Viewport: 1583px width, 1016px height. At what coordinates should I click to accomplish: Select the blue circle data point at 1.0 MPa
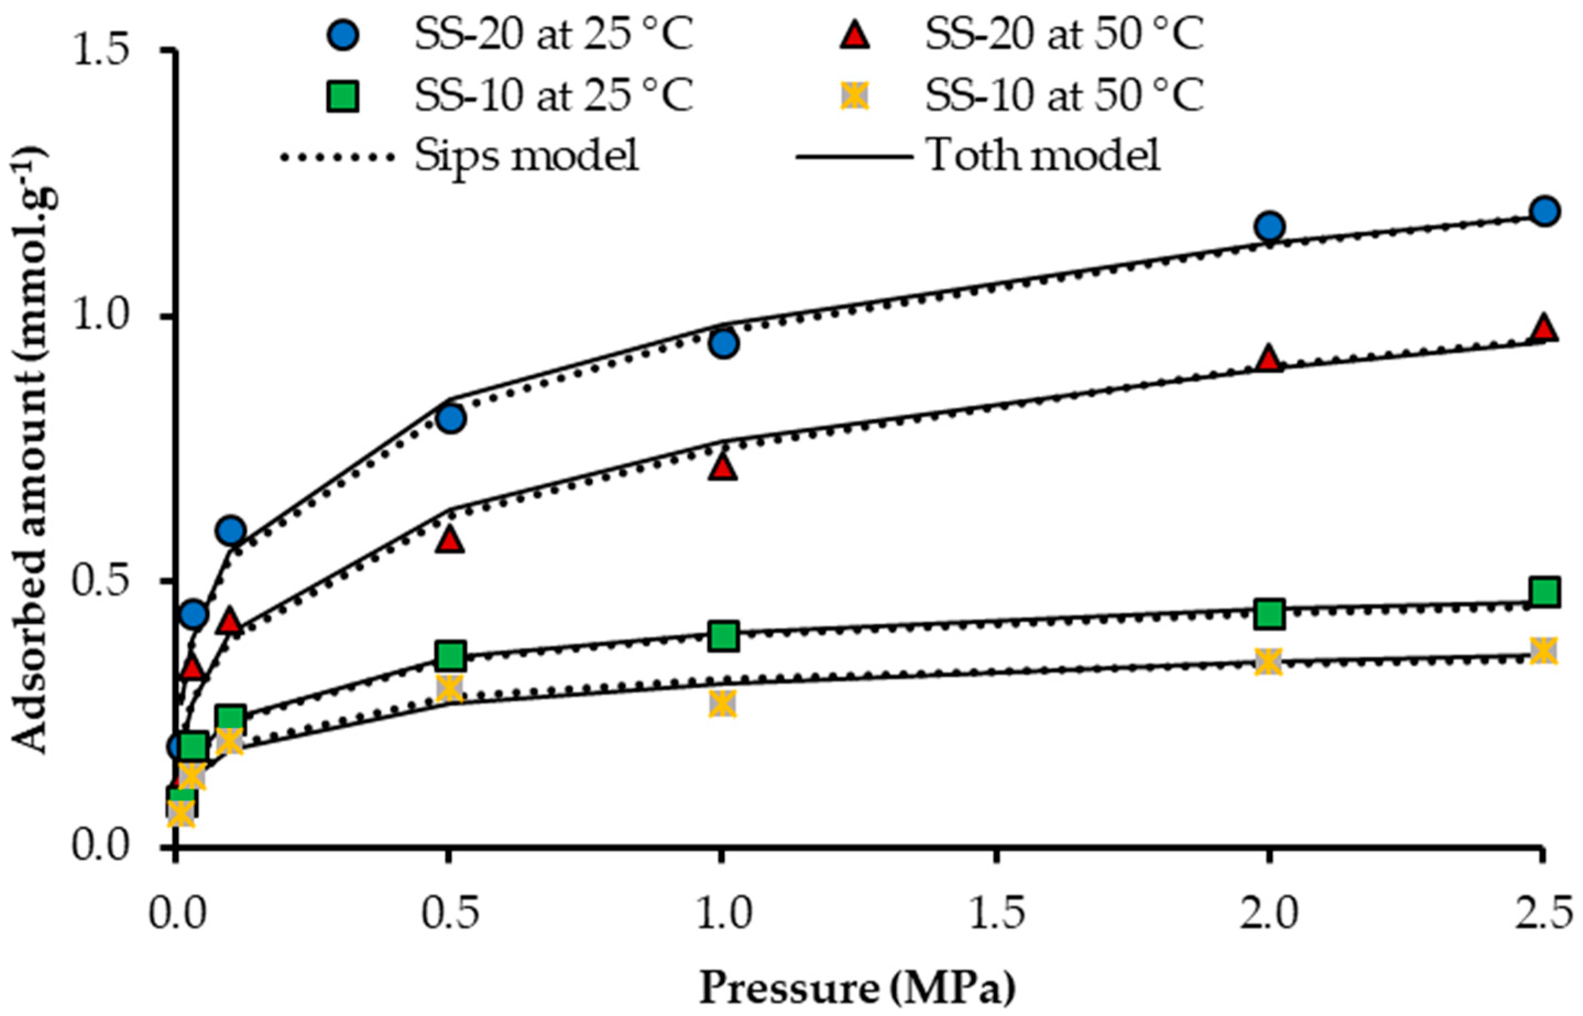[x=724, y=343]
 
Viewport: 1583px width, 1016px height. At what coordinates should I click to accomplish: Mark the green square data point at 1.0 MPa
[x=724, y=636]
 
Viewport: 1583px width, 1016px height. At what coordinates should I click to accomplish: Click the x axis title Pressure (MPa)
[x=856, y=990]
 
